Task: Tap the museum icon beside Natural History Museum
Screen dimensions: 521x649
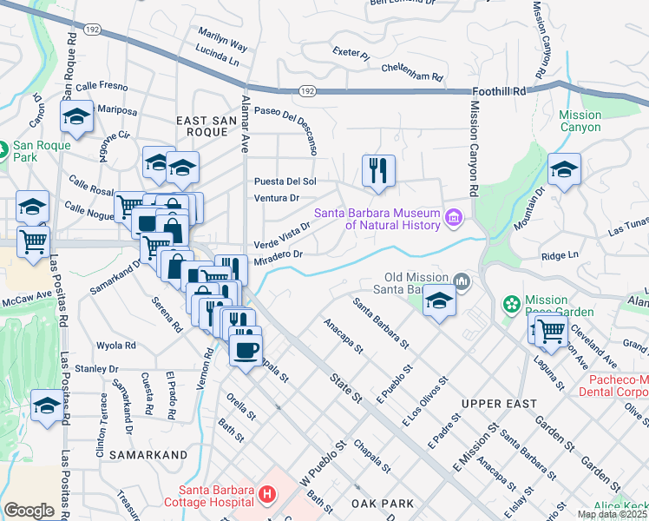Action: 453,217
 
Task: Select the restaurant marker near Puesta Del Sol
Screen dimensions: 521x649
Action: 378,172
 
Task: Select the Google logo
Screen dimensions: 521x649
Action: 29,510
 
